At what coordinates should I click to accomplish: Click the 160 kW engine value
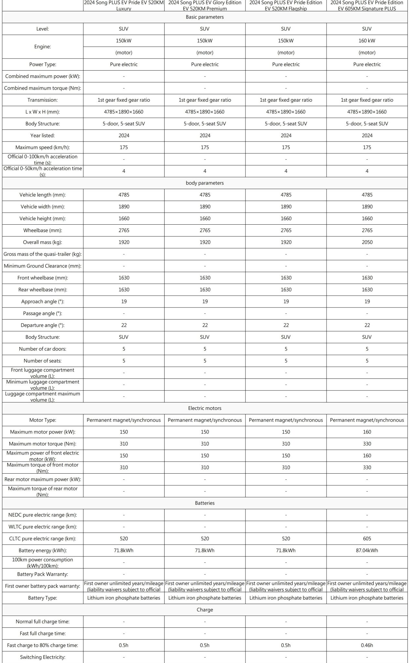367,41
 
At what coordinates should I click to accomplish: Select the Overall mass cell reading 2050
367,242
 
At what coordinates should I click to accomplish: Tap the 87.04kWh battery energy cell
367,550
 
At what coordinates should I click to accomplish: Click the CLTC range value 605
367,538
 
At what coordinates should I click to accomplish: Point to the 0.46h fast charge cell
367,645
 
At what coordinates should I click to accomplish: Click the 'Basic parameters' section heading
205,17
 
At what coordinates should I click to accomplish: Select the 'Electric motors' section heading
205,408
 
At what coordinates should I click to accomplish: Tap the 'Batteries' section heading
205,503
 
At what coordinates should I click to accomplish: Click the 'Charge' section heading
205,610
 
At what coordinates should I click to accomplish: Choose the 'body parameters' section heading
205,183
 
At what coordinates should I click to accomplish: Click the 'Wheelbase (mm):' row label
43,230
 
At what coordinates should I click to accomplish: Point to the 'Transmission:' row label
43,100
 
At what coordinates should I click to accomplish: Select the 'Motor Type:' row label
43,420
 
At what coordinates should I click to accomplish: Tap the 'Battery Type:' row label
43,598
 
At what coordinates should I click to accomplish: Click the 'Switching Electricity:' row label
43,657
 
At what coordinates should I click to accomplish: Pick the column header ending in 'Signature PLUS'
367,6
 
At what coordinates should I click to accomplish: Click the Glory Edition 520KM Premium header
205,6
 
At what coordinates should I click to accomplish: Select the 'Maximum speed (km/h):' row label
43,147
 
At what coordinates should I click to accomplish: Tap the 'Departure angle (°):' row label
43,325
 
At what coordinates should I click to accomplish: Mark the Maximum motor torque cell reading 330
367,444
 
